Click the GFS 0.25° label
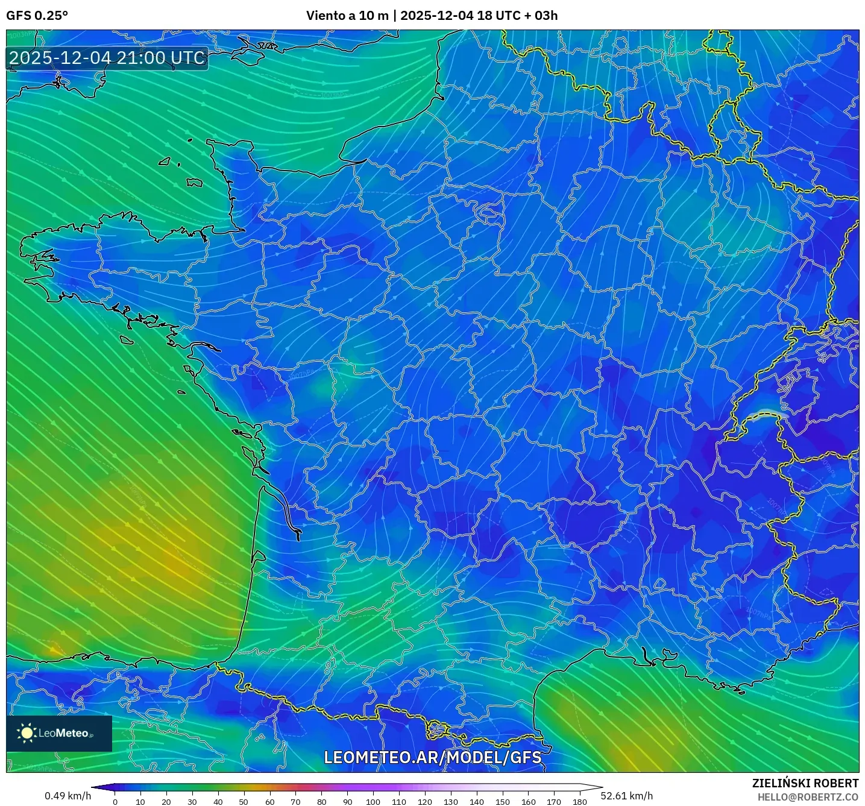[x=37, y=16]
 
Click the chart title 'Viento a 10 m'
[x=347, y=16]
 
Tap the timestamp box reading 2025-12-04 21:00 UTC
[x=107, y=58]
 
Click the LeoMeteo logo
[x=59, y=733]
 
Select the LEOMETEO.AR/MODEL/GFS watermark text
[x=432, y=757]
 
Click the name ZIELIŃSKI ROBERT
[x=805, y=783]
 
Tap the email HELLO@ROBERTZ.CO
[x=808, y=797]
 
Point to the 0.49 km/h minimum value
[x=68, y=796]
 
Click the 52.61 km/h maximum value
[x=627, y=796]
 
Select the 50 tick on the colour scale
[x=244, y=802]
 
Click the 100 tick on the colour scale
[x=373, y=802]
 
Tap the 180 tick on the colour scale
[x=580, y=802]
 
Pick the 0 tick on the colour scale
[x=115, y=802]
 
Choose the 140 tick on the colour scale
[x=477, y=802]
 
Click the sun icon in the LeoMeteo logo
[x=27, y=733]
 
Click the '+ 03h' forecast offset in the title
[x=542, y=16]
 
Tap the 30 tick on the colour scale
[x=192, y=802]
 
